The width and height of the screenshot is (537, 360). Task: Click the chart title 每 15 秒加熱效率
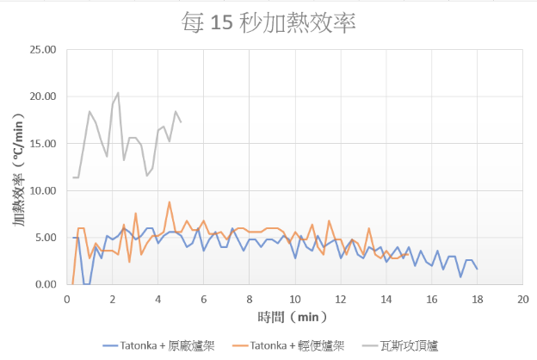268,22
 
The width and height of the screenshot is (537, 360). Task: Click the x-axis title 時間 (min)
294,318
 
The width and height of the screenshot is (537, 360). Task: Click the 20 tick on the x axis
522,298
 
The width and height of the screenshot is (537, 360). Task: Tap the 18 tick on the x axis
477,298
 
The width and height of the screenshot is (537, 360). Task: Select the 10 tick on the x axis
294,298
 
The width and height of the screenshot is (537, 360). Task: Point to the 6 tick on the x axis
203,298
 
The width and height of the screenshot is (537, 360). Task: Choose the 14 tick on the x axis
386,298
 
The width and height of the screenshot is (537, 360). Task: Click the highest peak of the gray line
118,92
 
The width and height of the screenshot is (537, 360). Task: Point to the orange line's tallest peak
170,202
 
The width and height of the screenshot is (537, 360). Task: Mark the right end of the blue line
477,269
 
